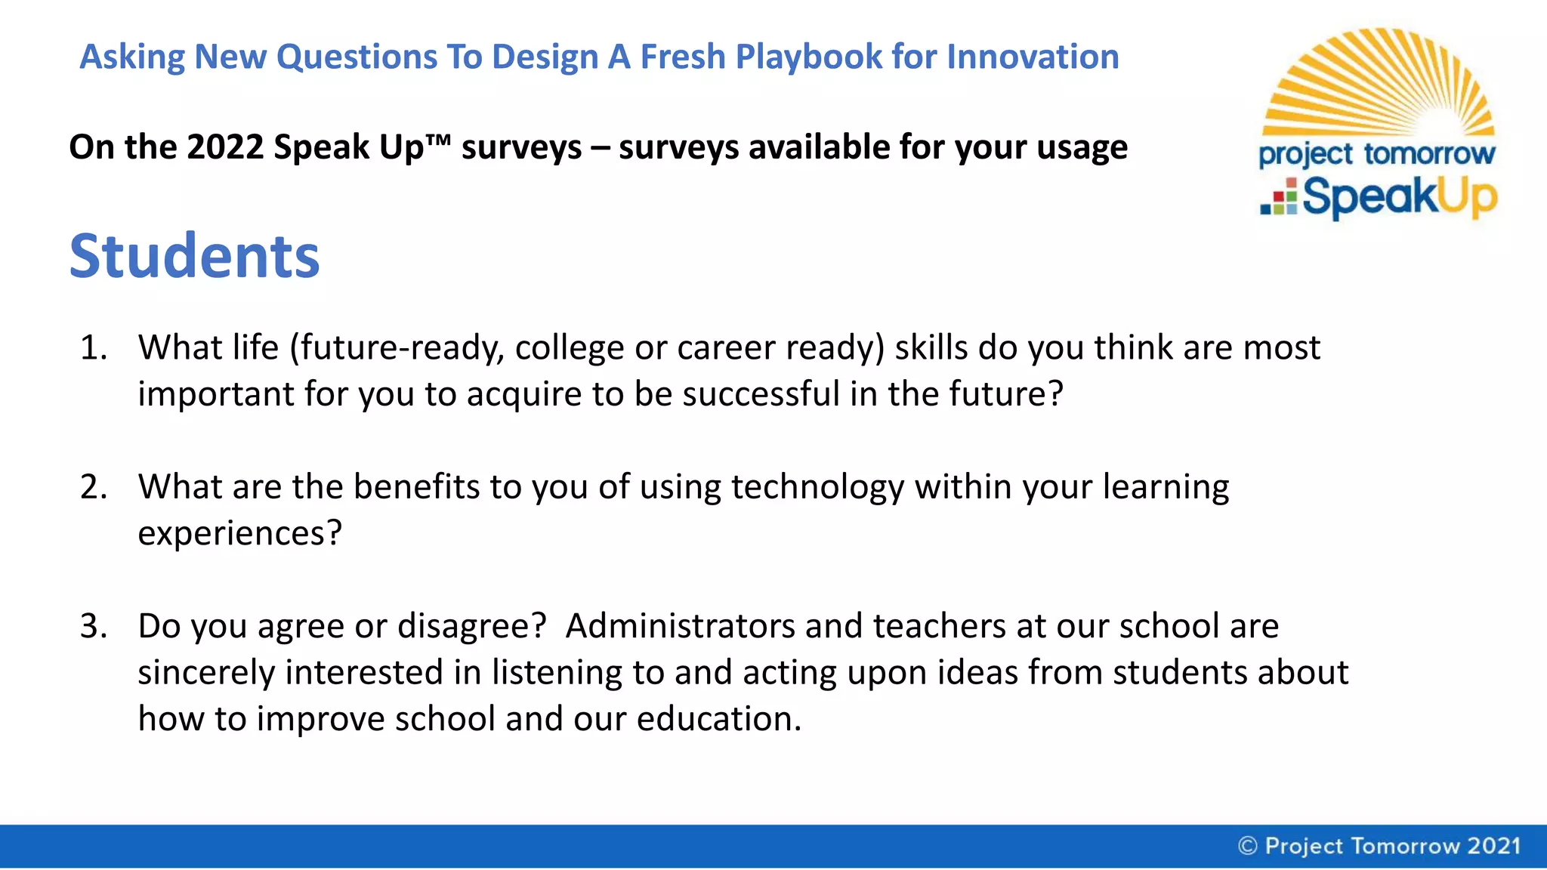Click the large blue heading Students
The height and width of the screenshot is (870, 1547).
click(194, 256)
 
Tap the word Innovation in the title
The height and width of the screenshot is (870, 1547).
click(1033, 57)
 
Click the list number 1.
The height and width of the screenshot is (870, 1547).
click(93, 348)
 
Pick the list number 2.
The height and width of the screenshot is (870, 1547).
click(93, 487)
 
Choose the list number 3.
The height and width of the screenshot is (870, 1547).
click(93, 626)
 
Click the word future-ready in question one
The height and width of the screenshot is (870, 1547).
click(397, 348)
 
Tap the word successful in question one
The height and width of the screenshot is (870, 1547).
click(761, 394)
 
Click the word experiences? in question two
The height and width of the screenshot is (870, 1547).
click(239, 534)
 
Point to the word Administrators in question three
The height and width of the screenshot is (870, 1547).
click(680, 626)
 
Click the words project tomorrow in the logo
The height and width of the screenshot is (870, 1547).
click(1376, 154)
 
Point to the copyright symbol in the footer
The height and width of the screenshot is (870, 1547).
click(1248, 846)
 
